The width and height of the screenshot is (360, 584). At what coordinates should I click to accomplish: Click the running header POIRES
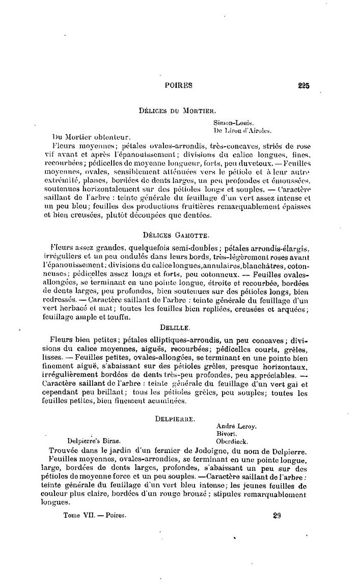coord(178,86)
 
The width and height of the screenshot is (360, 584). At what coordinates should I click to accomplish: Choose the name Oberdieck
coord(232,442)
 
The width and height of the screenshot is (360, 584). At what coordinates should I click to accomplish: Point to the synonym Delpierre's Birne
coord(94,442)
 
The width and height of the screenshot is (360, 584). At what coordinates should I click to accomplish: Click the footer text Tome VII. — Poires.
coord(94,515)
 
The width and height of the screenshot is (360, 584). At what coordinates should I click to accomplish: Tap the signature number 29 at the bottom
coord(277,515)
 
